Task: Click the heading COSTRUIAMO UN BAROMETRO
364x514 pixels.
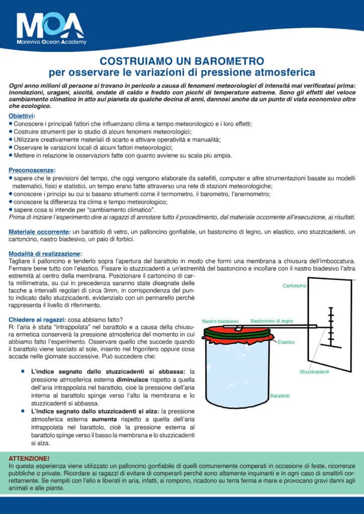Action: click(x=181, y=62)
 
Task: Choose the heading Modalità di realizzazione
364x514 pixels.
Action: click(x=45, y=254)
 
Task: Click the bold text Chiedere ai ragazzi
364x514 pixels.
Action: click(x=37, y=320)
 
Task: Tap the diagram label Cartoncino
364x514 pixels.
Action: click(x=294, y=286)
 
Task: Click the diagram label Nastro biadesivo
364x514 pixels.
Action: click(x=220, y=321)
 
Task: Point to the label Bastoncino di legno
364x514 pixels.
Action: click(x=272, y=321)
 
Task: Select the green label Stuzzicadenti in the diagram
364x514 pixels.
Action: click(x=314, y=371)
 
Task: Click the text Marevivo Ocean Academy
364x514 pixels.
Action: click(x=51, y=42)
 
